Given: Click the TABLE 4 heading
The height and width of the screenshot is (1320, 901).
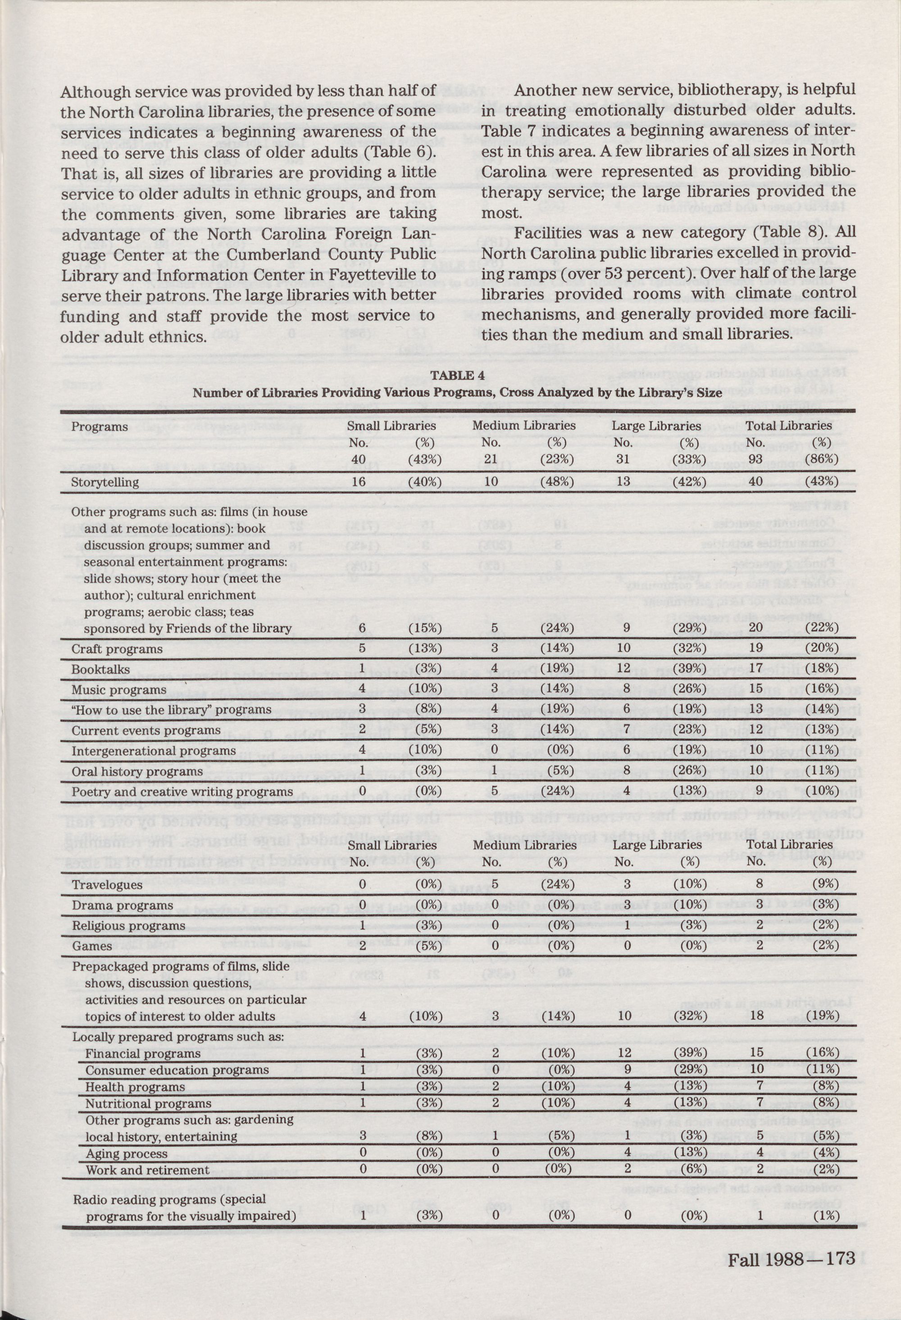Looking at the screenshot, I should coord(452,376).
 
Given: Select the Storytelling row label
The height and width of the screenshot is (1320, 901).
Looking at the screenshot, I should coord(105,482).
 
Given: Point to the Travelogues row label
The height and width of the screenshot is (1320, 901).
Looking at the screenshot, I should coord(107,885).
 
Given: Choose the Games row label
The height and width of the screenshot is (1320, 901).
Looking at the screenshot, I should coord(91,946).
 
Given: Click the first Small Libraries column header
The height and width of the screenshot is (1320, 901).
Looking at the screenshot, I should coord(391,426).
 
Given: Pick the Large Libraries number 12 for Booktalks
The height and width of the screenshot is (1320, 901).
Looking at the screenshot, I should coord(624,669).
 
